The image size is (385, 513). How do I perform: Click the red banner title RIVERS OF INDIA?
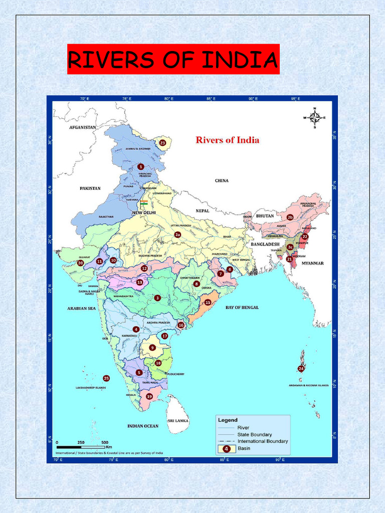(x=173, y=60)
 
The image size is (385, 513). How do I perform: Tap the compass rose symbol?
(x=314, y=118)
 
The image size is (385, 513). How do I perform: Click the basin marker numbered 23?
(x=162, y=143)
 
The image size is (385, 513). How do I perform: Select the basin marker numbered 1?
(x=141, y=166)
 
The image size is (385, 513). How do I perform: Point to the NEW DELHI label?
(x=144, y=212)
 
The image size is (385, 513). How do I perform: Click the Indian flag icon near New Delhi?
(x=144, y=203)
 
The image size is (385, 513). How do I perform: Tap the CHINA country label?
(x=222, y=180)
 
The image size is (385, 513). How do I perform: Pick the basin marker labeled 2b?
(x=290, y=217)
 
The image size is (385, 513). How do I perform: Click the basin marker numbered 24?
(x=301, y=369)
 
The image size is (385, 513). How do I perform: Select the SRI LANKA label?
(x=177, y=421)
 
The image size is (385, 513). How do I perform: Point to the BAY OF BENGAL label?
(x=242, y=307)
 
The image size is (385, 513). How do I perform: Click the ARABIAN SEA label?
(x=81, y=308)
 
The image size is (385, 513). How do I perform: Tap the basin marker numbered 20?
(x=80, y=263)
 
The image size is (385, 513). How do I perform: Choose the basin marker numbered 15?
(x=208, y=303)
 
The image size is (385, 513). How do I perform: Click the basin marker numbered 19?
(x=149, y=396)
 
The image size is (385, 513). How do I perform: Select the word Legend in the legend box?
(x=227, y=420)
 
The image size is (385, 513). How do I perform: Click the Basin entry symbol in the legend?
(x=227, y=449)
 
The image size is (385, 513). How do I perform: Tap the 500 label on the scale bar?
(x=105, y=442)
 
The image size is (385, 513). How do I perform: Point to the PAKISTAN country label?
(x=90, y=188)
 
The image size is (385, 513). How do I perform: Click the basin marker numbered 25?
(x=106, y=378)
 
